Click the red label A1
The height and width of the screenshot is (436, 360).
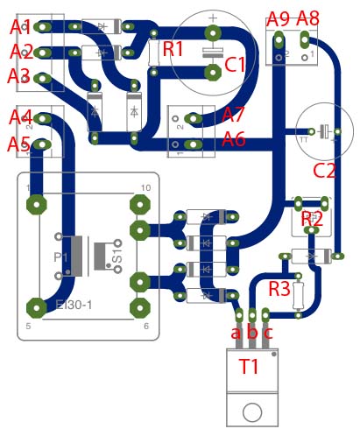pos(21,28)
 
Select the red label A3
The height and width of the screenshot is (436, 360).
pos(19,76)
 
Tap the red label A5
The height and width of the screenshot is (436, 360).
pos(20,144)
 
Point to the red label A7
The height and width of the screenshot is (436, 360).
pos(234,114)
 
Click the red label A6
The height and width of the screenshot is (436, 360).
pos(234,137)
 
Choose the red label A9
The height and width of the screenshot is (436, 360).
pos(279,18)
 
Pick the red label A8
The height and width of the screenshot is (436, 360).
pos(308,18)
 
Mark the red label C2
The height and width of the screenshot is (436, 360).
pos(325,169)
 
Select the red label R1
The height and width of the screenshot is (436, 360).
pos(173,49)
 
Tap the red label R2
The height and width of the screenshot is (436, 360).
pos(312,219)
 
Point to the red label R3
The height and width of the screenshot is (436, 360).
pos(279,288)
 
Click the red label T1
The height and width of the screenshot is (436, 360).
pos(250,367)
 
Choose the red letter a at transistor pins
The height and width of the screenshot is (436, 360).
pos(235,333)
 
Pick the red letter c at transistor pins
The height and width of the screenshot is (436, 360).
pos(267,333)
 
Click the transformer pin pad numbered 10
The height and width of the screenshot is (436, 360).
pos(138,205)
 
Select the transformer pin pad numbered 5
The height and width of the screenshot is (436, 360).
pos(36,307)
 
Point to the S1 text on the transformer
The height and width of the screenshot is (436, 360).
pos(117,254)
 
